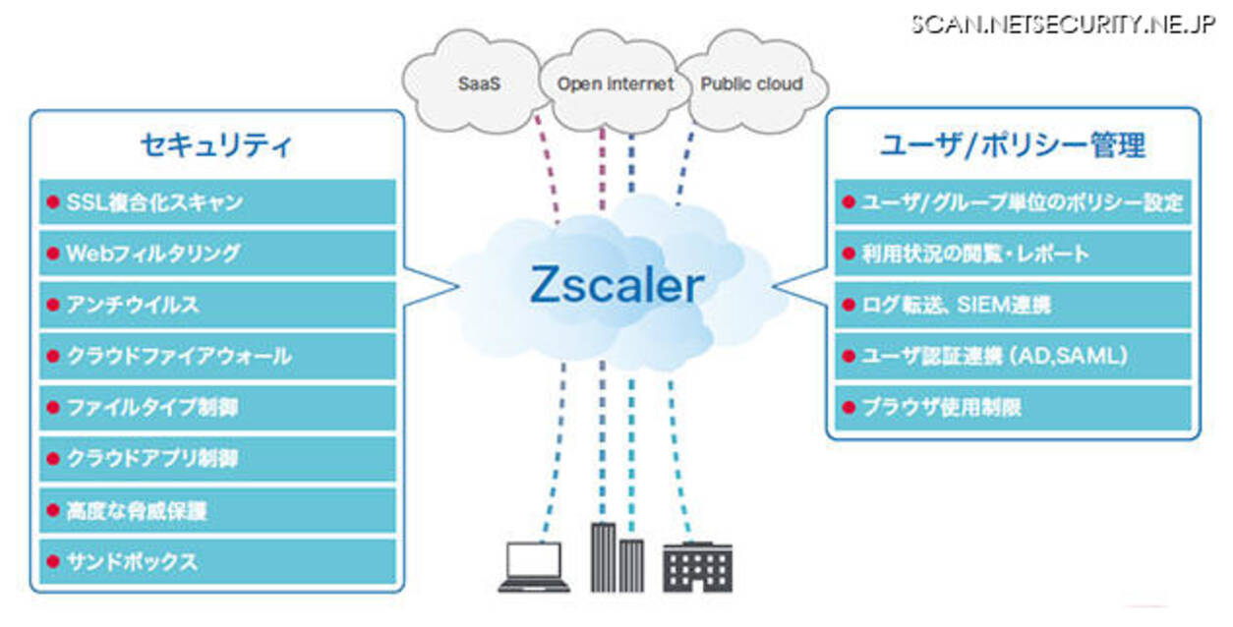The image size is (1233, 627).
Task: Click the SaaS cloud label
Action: (479, 84)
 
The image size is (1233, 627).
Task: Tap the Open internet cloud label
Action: (616, 84)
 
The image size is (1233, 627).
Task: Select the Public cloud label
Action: (751, 84)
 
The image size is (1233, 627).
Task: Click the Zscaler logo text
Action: (617, 285)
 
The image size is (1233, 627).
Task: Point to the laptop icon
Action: (534, 566)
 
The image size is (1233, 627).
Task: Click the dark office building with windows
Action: (697, 567)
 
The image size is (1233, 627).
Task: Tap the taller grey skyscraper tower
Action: (604, 557)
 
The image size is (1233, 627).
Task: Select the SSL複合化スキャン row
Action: (217, 201)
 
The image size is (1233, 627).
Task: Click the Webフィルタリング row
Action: (217, 253)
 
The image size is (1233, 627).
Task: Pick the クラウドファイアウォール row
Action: (217, 356)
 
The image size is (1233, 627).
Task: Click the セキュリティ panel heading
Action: (216, 145)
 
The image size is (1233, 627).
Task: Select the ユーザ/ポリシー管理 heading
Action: (1013, 145)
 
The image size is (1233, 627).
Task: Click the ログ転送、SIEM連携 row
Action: (1013, 305)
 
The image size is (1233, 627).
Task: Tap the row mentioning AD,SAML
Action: (1013, 356)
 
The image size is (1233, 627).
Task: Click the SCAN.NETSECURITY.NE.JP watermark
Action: (1063, 25)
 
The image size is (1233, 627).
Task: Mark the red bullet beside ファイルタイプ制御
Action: (53, 408)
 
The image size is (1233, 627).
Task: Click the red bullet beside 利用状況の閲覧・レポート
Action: (849, 253)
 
